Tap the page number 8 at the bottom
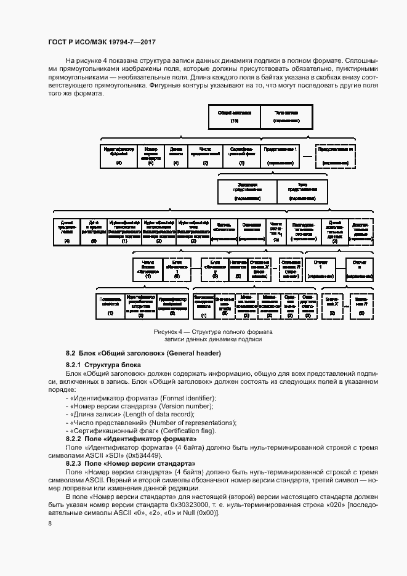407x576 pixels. pos(49,524)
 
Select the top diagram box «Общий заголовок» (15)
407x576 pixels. pos(235,117)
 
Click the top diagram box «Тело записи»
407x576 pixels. pos(286,117)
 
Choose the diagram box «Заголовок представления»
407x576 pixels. pos(247,192)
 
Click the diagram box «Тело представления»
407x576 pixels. pos(302,192)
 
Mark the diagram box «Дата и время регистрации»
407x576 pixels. pos(94,232)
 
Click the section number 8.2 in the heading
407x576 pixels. pos(70,353)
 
